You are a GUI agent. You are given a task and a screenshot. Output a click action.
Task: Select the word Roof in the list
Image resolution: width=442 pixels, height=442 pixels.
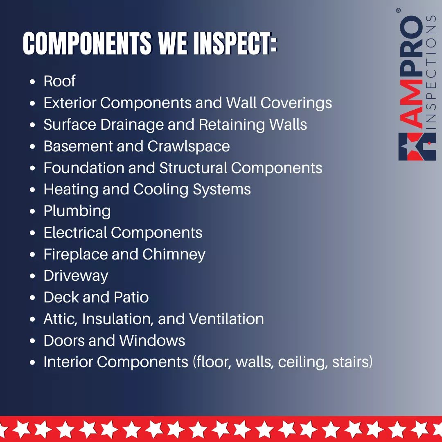point(59,81)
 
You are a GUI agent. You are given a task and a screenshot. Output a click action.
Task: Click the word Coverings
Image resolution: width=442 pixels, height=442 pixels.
point(296,103)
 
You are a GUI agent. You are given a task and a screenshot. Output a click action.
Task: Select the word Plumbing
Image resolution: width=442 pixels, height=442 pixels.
point(77,211)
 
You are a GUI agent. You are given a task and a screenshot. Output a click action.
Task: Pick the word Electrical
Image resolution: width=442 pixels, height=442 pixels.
point(75,232)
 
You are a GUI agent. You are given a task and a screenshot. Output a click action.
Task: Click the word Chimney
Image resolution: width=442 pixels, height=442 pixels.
point(174,254)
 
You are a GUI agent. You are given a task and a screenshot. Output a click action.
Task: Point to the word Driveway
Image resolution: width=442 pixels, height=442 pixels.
point(76,276)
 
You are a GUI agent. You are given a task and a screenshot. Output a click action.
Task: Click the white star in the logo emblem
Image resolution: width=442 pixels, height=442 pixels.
point(409,146)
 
